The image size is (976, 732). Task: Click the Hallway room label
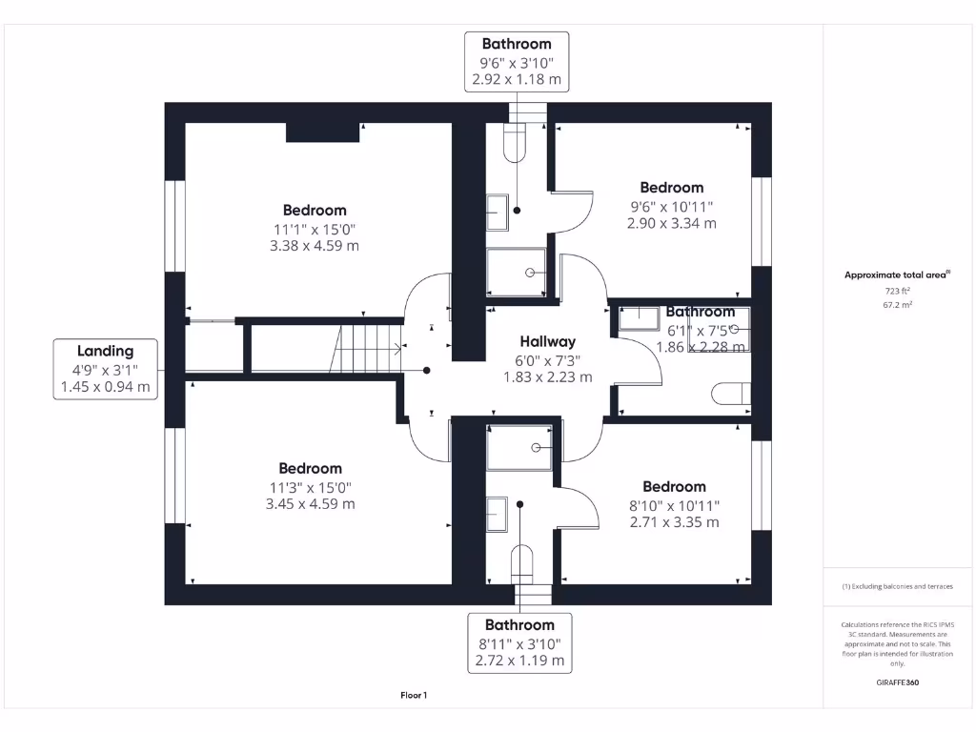tap(547, 341)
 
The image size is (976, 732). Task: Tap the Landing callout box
tap(105, 368)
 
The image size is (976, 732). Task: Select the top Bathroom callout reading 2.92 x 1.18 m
tap(516, 61)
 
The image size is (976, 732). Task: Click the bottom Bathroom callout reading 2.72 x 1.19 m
tap(519, 642)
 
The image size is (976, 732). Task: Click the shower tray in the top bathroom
tap(517, 272)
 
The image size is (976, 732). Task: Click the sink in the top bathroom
tap(498, 207)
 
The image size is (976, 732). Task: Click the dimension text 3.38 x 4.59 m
tap(314, 246)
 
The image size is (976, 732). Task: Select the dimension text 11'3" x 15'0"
tap(310, 486)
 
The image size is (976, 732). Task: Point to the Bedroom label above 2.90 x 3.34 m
tap(671, 188)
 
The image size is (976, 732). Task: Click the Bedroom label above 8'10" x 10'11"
tap(674, 486)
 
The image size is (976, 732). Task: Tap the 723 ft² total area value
tap(896, 291)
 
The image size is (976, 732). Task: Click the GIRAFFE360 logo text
tap(897, 682)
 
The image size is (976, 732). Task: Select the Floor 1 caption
tap(414, 696)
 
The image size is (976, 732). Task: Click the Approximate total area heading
tap(896, 274)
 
